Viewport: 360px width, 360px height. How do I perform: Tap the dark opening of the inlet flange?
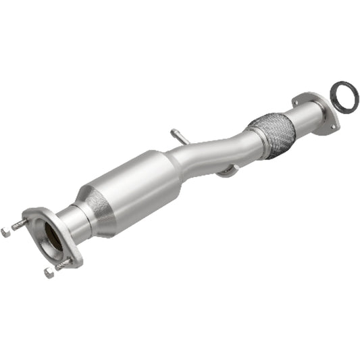(x=51, y=240)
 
